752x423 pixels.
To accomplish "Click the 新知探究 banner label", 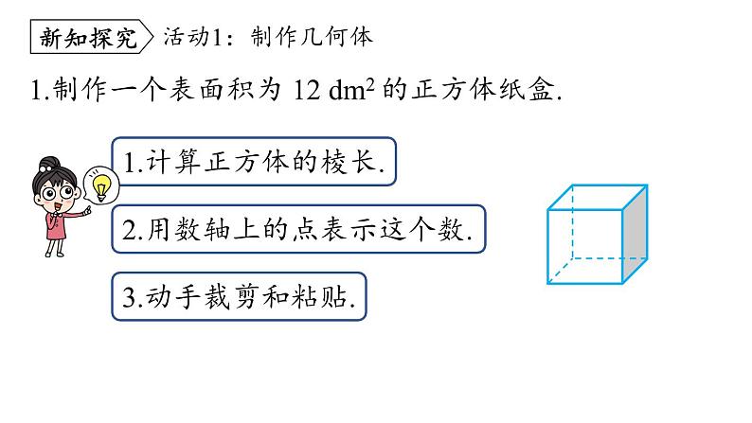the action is click(x=91, y=37).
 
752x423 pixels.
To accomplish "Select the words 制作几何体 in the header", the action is click(x=313, y=37).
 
